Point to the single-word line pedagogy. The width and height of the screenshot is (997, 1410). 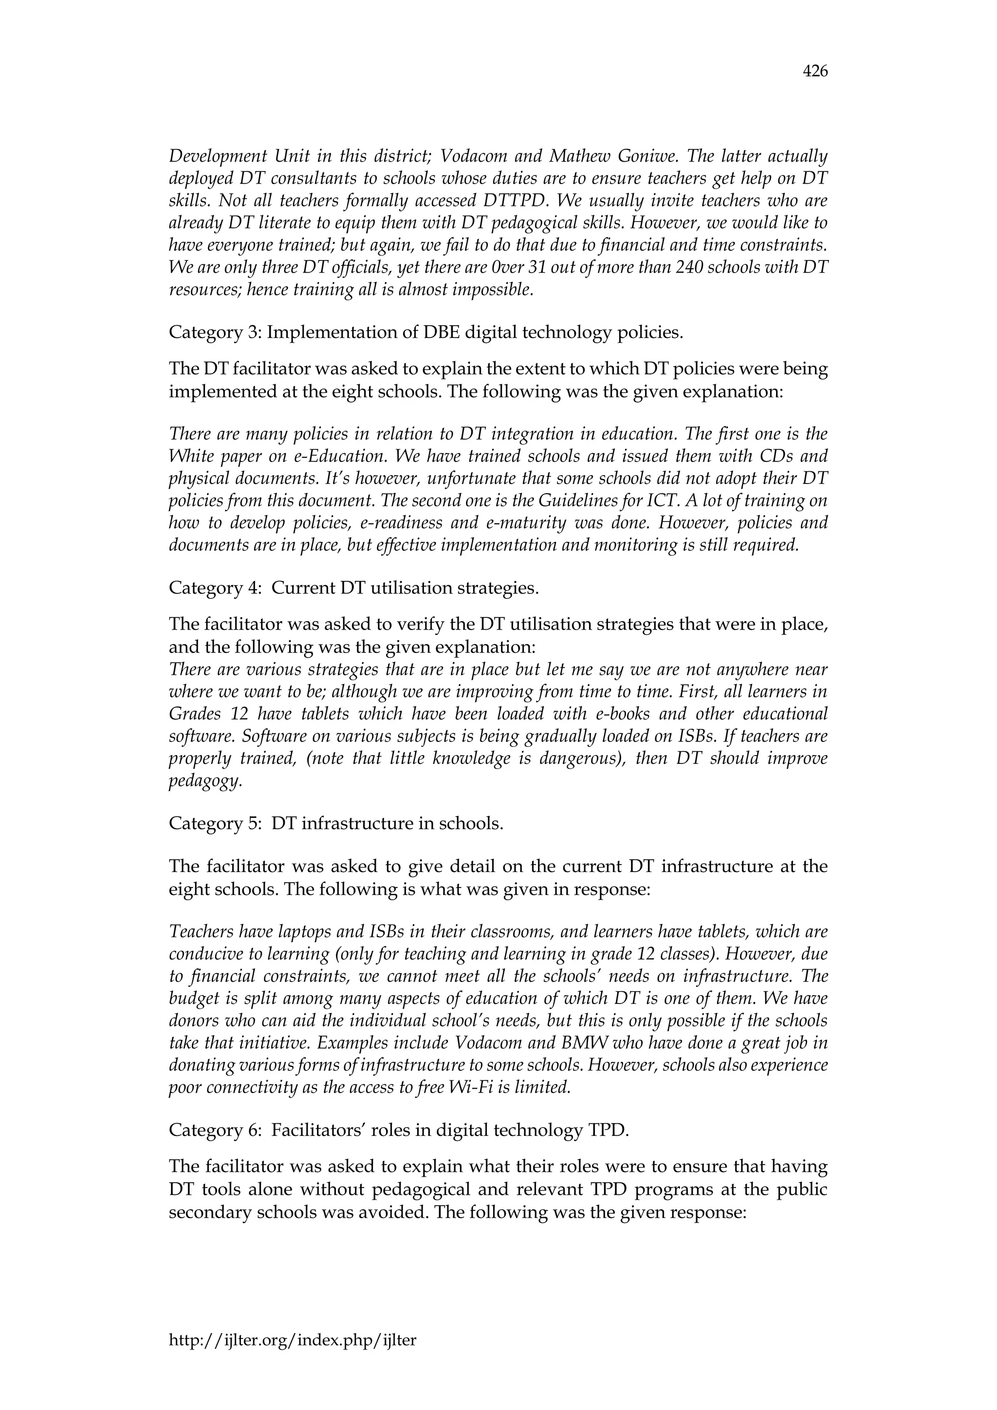coord(205,781)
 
